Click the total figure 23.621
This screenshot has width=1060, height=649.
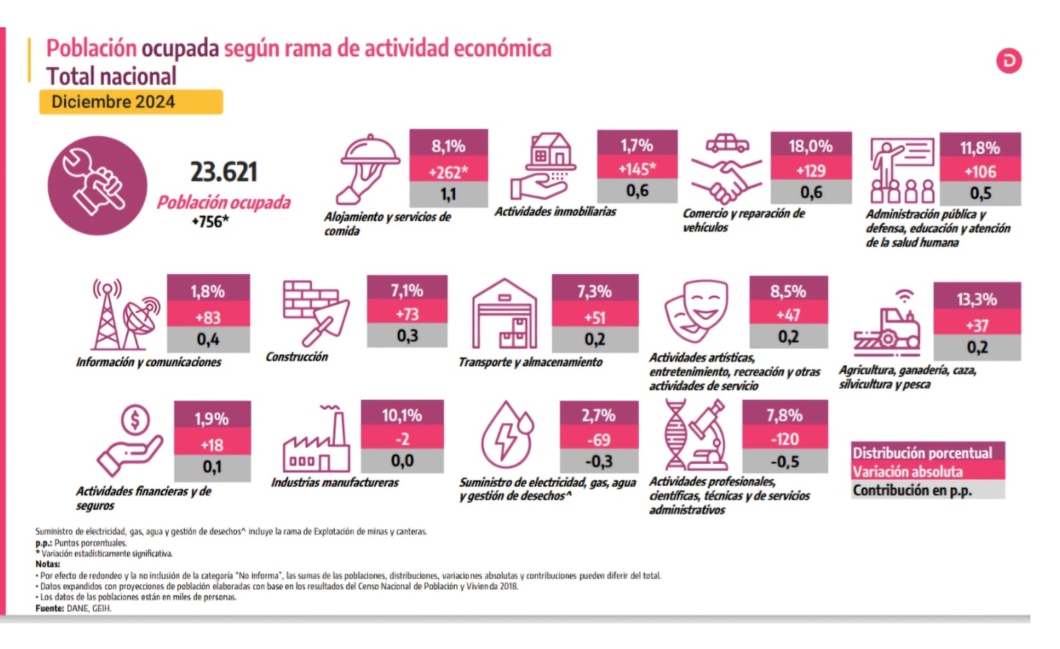point(224,172)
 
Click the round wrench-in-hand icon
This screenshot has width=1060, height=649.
point(96,185)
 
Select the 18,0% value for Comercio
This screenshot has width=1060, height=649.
point(810,145)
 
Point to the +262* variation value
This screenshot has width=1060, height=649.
point(448,172)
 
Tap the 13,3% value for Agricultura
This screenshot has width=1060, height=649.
point(977,299)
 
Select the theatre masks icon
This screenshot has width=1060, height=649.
point(696,309)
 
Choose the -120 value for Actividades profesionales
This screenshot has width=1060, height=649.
point(785,439)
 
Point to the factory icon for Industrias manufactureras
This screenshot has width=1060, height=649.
point(317,442)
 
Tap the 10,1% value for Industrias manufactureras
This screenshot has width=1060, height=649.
point(402,415)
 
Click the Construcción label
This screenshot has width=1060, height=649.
point(297,357)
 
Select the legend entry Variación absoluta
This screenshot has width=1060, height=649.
point(908,471)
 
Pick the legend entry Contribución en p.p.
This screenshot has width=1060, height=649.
point(912,491)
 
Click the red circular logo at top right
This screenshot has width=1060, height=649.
point(1008,60)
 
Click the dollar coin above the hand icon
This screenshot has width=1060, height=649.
point(135,421)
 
